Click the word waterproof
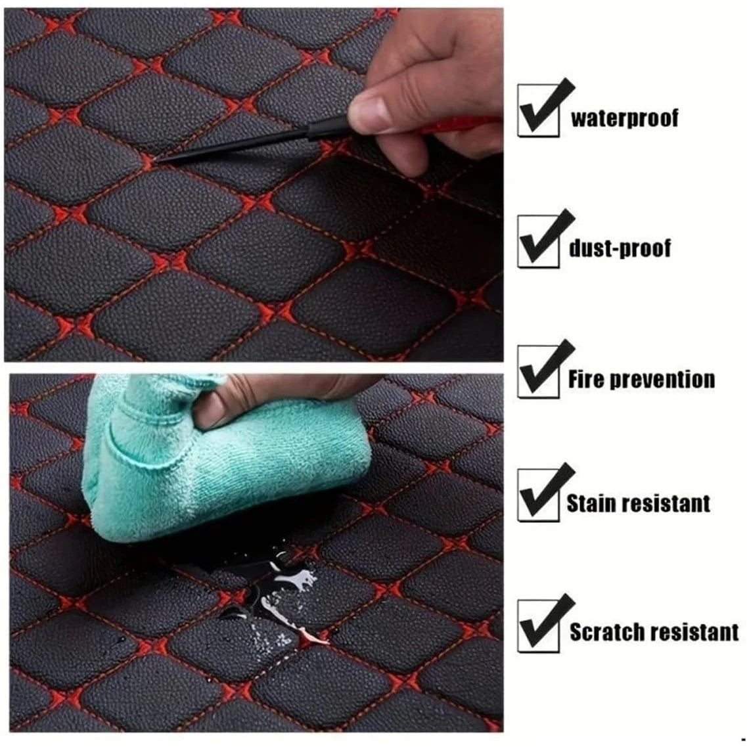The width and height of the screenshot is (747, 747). click(623, 118)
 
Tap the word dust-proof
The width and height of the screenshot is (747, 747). click(620, 248)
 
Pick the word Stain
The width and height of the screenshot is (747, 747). click(591, 503)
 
